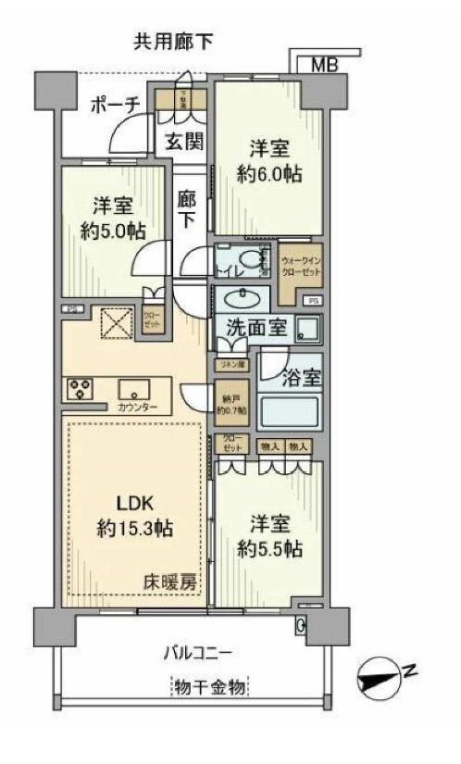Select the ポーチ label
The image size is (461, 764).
pyautogui.click(x=114, y=106)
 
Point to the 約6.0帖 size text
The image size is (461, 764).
pyautogui.click(x=269, y=175)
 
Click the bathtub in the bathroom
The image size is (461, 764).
pyautogui.click(x=289, y=409)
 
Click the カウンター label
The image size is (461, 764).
pyautogui.click(x=138, y=407)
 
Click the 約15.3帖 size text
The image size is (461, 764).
pyautogui.click(x=136, y=530)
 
